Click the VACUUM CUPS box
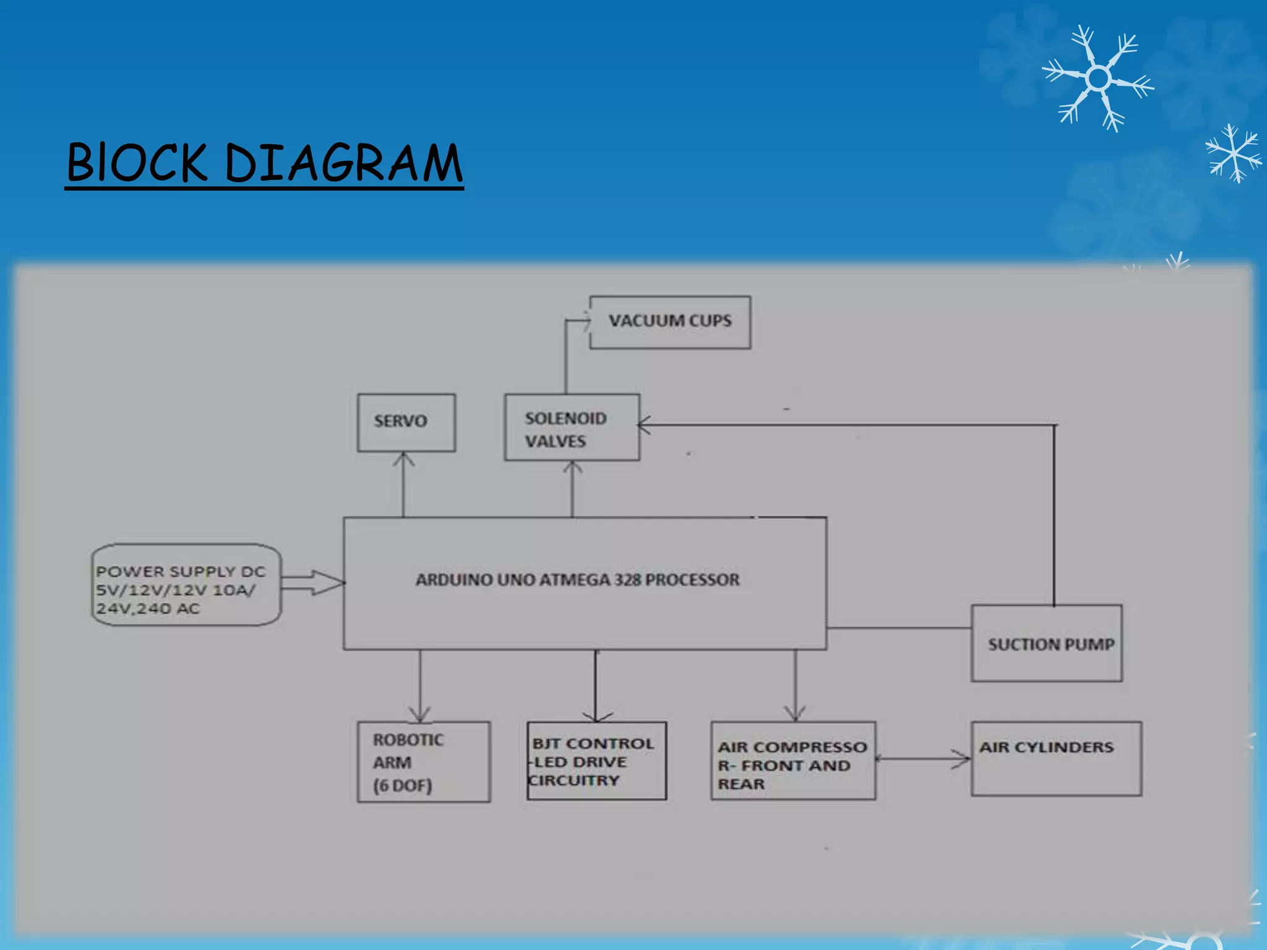tap(670, 322)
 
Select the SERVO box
tap(406, 422)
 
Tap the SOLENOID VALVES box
tap(572, 427)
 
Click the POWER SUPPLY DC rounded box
tap(186, 585)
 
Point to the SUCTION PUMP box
tap(1047, 643)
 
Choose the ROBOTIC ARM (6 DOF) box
tap(424, 761)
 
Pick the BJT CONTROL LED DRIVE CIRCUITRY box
tap(596, 761)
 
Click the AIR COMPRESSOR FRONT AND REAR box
tap(793, 761)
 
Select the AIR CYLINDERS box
tap(1056, 758)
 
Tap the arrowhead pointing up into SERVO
tap(404, 459)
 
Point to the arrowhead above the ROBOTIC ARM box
tap(420, 715)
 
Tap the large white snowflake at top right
tap(1098, 79)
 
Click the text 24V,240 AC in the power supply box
tap(148, 609)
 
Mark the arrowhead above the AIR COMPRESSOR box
tap(795, 714)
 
